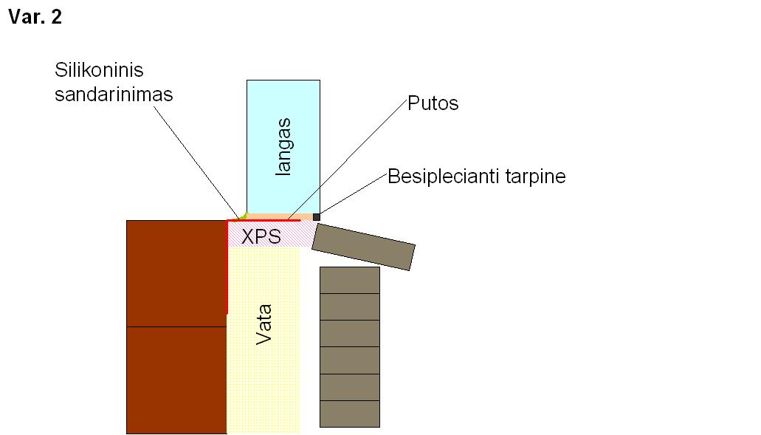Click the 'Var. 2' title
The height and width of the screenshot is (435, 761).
(35, 17)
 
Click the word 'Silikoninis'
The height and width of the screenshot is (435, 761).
(99, 70)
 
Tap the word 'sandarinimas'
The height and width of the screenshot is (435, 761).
(114, 95)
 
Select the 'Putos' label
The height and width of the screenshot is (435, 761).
(433, 103)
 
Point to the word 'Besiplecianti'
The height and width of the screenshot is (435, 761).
(444, 177)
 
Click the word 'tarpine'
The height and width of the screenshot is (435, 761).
(535, 177)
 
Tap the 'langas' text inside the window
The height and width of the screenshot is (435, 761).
(283, 147)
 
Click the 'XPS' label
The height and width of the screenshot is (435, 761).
(261, 236)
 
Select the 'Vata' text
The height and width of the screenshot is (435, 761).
(264, 324)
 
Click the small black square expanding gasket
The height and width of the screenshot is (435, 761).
(317, 217)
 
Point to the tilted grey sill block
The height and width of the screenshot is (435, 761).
(363, 247)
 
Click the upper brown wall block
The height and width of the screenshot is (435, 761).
(176, 273)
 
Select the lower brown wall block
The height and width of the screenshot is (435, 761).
(176, 380)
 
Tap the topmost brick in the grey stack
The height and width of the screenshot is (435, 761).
(349, 280)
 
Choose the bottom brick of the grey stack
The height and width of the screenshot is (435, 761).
(349, 414)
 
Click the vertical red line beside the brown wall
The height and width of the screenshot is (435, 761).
(227, 267)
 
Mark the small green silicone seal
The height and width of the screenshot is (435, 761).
(243, 216)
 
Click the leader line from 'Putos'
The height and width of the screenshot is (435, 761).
(346, 160)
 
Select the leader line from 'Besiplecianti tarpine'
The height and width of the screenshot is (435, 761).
(354, 194)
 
